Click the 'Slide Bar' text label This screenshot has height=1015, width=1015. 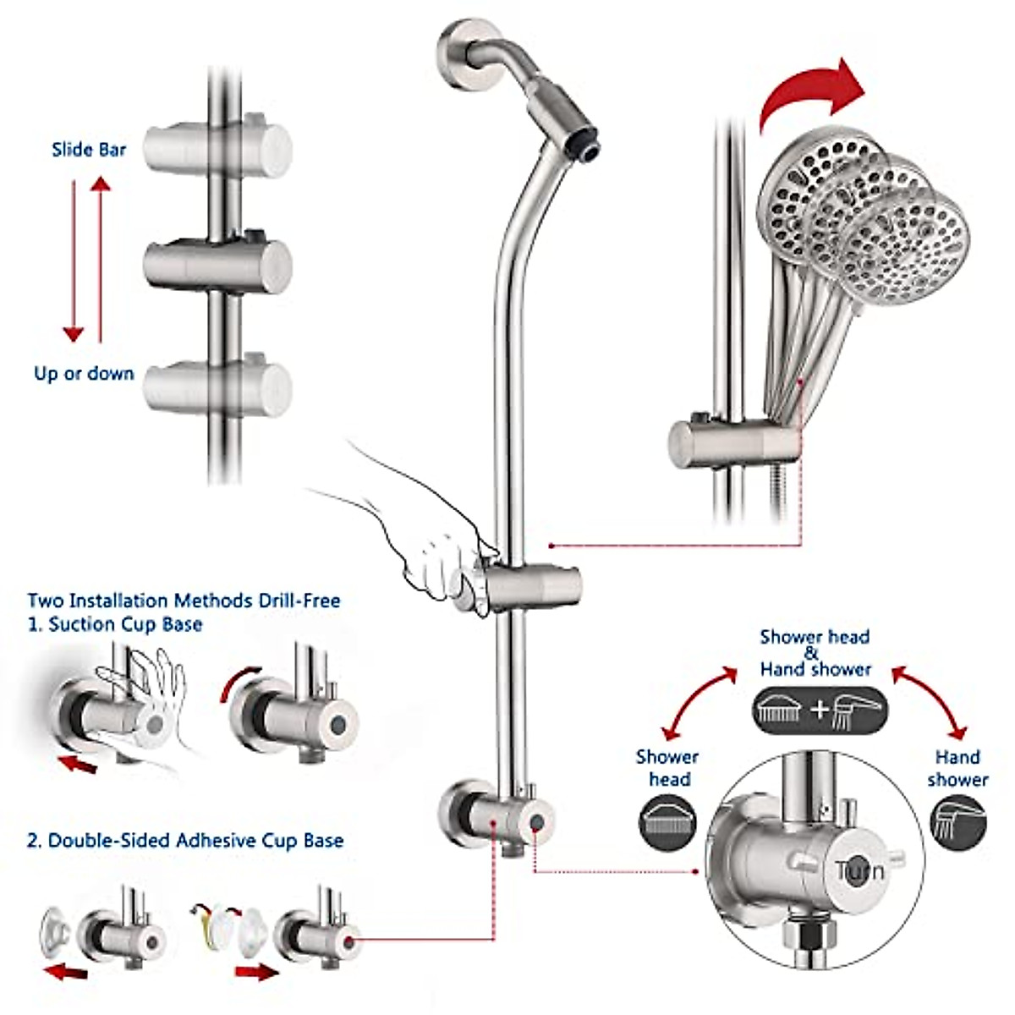(x=89, y=150)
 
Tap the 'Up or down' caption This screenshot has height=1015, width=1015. (x=84, y=373)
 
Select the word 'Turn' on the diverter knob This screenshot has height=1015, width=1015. (x=859, y=870)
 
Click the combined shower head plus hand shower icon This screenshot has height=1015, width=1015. (x=820, y=710)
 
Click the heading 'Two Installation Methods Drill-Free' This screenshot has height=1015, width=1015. (x=184, y=601)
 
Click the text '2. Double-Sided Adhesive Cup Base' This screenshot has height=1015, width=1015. (x=185, y=841)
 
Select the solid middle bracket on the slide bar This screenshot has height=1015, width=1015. (x=218, y=265)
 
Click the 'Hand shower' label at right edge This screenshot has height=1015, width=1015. (x=957, y=768)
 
